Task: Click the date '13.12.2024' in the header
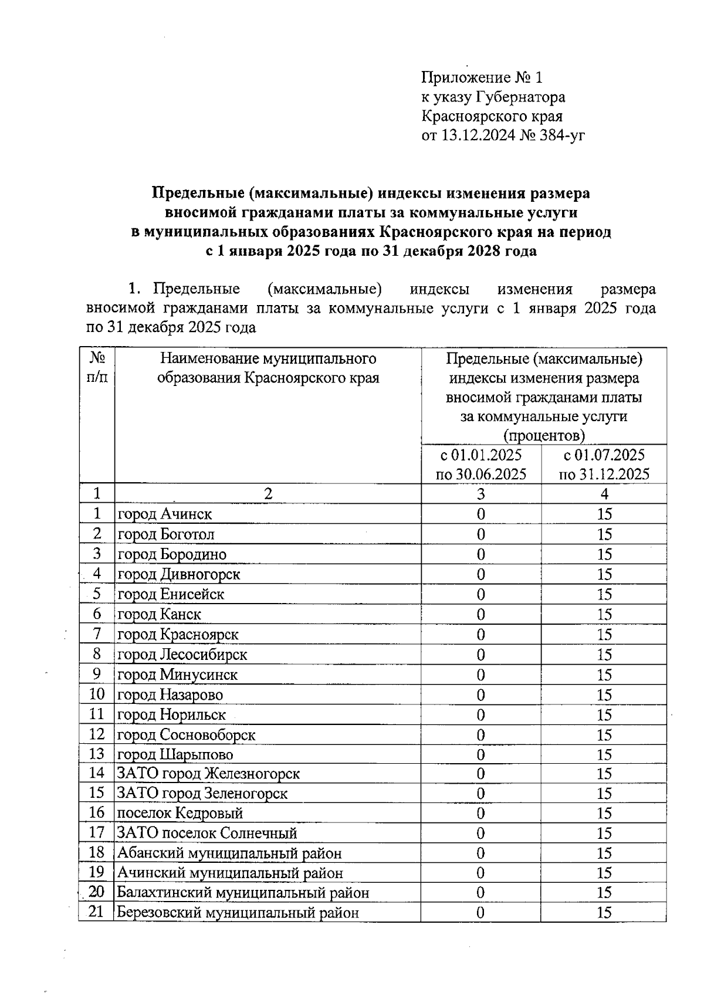pos(476,136)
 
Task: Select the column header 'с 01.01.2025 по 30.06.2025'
pos(480,464)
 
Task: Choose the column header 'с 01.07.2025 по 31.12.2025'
pos(604,464)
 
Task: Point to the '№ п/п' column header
pos(97,367)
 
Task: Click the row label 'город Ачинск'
pos(165,514)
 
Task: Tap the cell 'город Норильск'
pos(172,715)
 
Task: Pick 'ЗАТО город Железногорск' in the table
pos(208,774)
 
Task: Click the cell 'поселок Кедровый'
pos(180,814)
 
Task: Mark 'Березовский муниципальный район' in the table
pos(238,913)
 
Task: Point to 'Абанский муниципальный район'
pos(229,853)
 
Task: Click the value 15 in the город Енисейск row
pos(604,595)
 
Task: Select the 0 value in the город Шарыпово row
pos(480,755)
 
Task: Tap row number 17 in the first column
pos(96,833)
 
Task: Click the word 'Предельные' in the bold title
pos(197,193)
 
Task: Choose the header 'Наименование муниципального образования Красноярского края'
pos(268,368)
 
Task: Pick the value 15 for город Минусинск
pos(604,675)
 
